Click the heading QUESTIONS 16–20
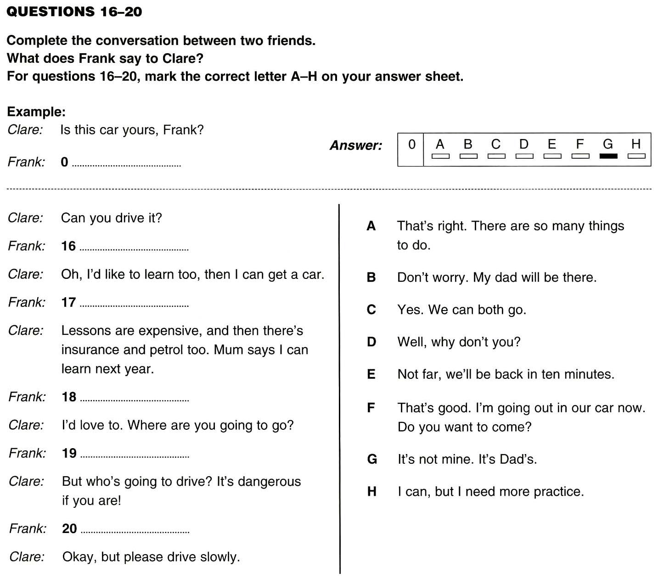[74, 11]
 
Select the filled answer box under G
[608, 156]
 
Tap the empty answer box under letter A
[440, 156]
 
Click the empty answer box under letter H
[636, 156]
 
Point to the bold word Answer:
[356, 146]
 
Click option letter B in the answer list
[371, 278]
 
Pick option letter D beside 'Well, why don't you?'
[371, 342]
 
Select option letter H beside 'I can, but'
[372, 492]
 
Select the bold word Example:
[36, 112]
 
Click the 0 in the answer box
[412, 144]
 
